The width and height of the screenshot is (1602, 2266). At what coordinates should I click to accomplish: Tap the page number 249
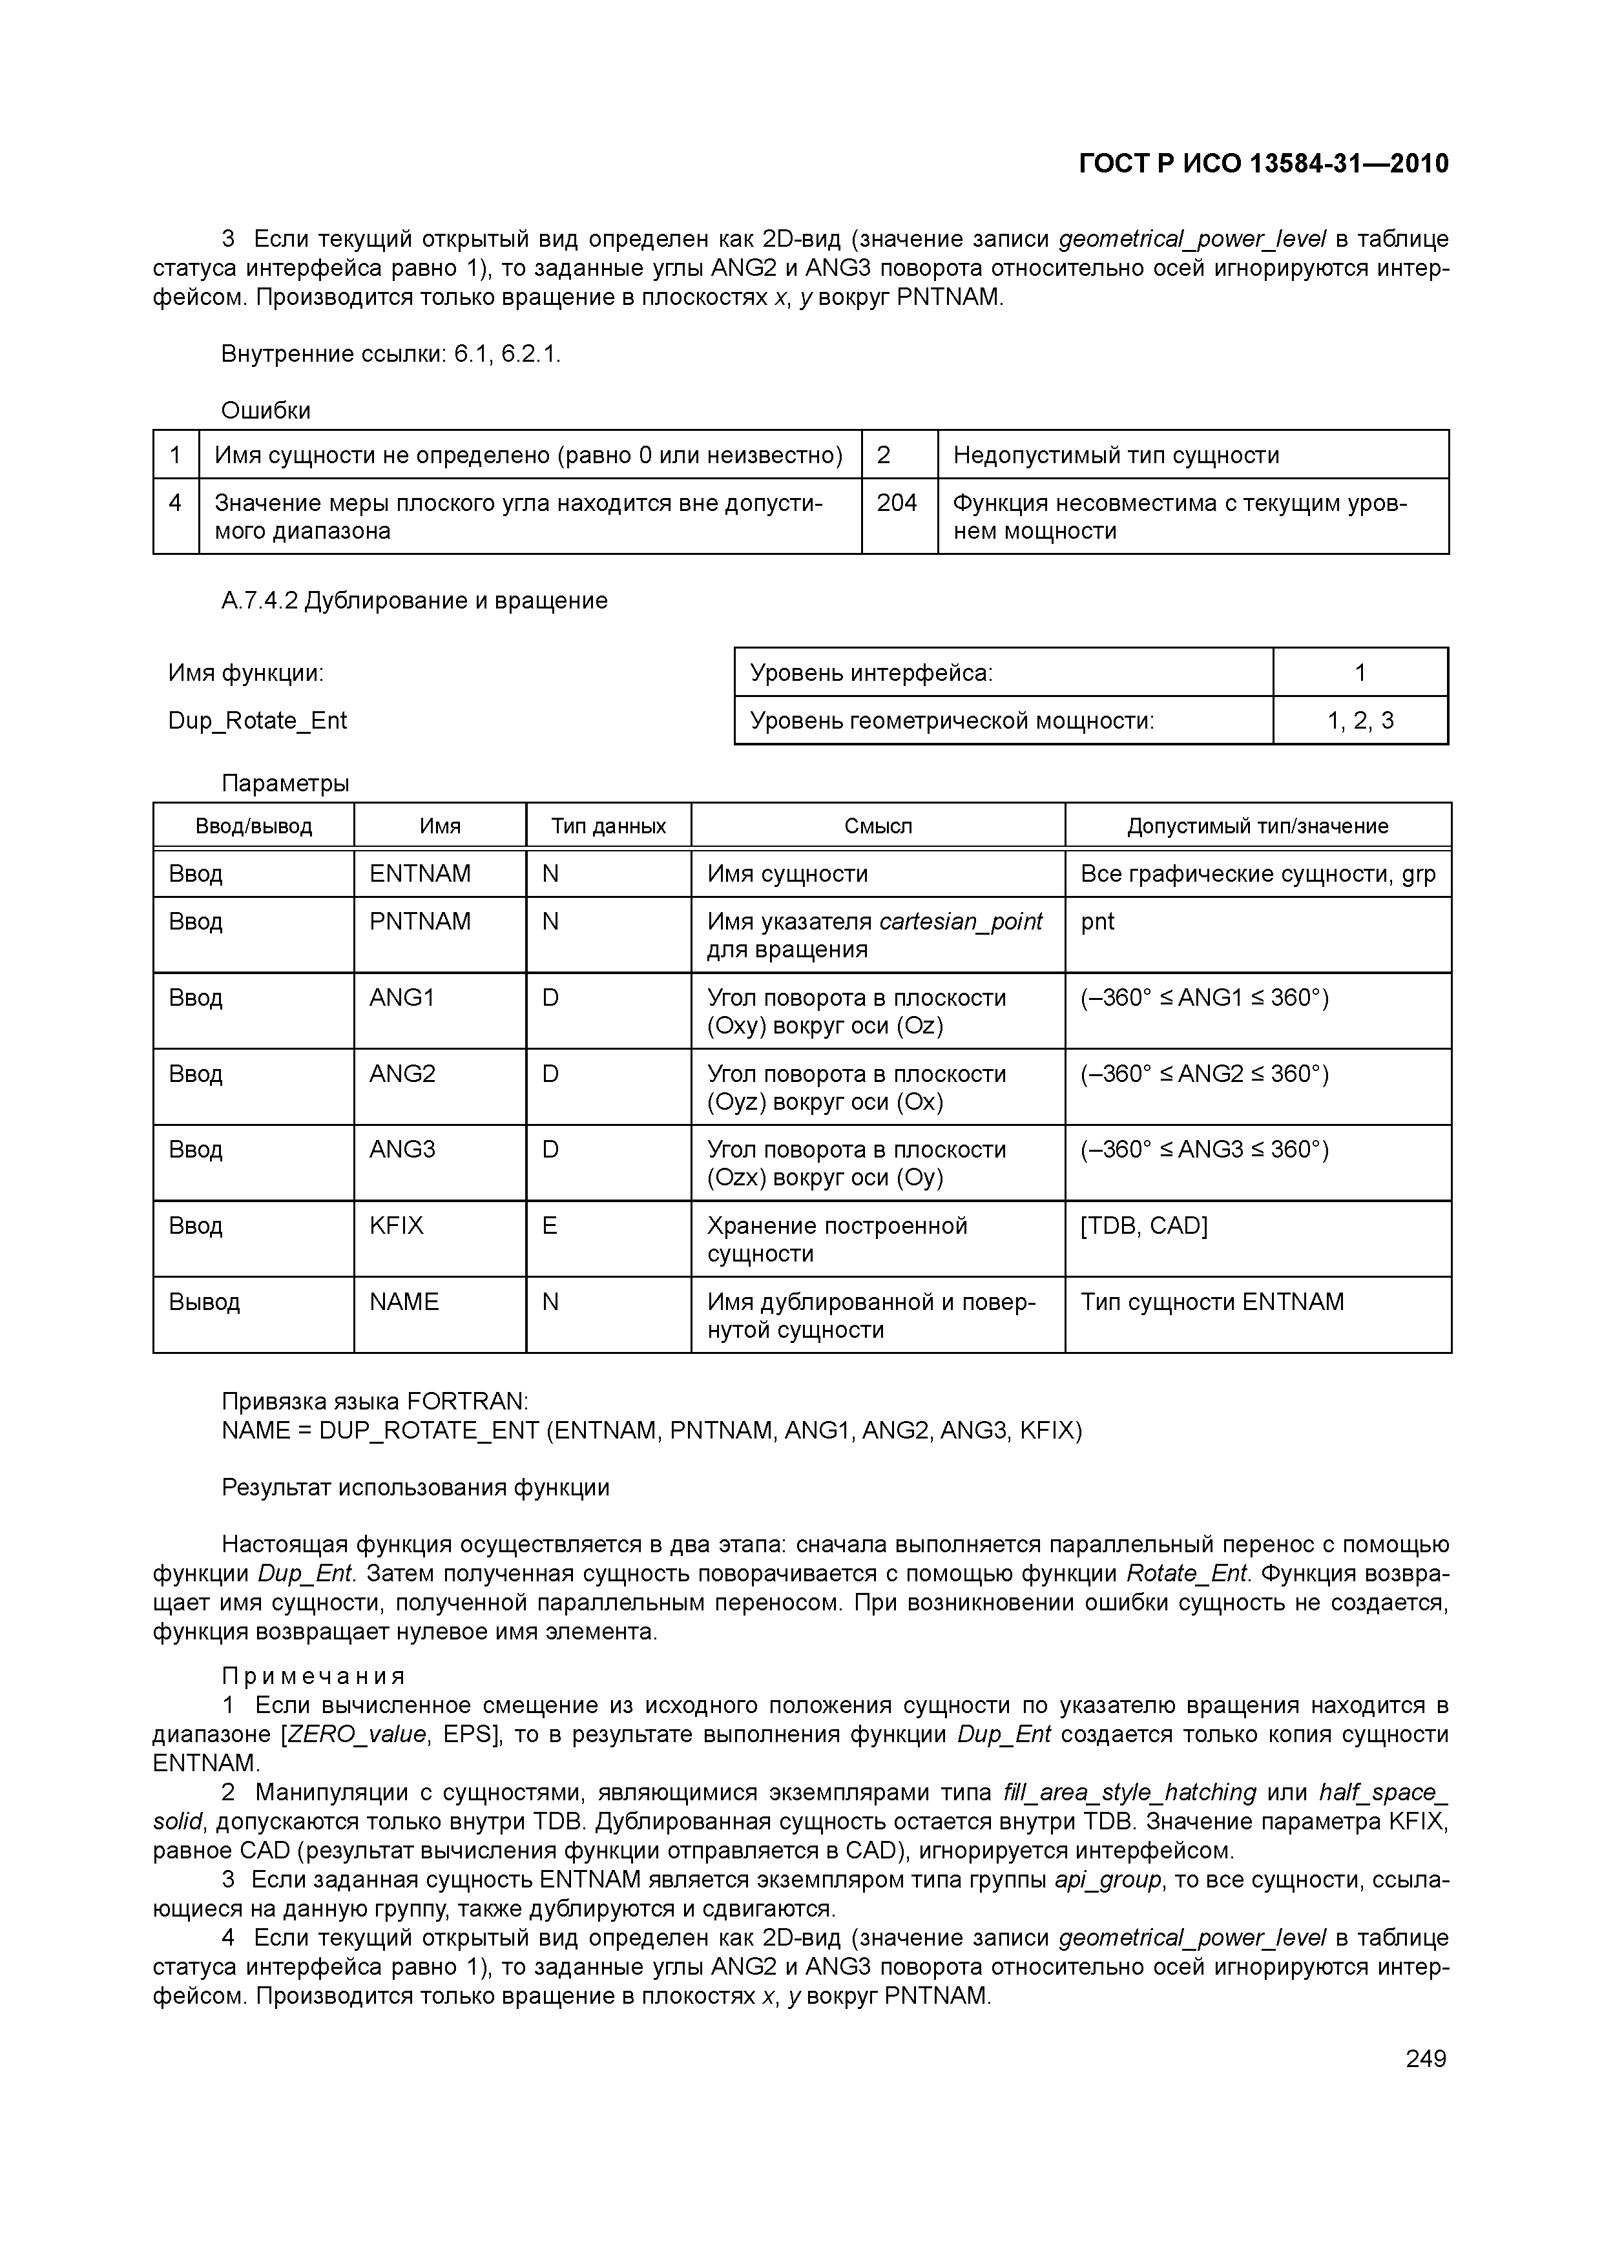pos(1425,2059)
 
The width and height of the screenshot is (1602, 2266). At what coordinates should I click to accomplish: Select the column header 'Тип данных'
pos(608,826)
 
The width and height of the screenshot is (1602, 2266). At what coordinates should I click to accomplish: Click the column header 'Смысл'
pos(877,826)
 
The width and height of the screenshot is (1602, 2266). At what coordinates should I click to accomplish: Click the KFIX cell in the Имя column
pos(396,1226)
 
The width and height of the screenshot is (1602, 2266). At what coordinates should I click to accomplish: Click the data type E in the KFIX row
pos(550,1226)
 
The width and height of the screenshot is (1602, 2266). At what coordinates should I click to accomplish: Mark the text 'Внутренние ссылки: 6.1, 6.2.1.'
pos(391,355)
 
